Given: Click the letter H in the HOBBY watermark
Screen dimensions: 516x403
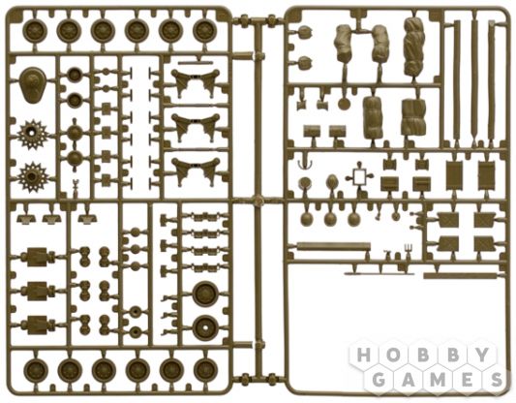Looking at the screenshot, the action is click(363, 355).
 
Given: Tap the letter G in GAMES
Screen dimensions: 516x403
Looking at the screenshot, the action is click(379, 380).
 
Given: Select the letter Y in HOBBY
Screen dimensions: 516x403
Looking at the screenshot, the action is click(482, 355).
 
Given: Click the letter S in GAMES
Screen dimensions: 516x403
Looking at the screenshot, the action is click(497, 380).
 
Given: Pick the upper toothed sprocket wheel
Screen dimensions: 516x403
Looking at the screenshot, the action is click(32, 134).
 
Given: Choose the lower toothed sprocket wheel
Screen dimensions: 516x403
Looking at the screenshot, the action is click(32, 177).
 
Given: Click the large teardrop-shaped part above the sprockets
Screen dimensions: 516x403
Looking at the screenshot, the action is click(32, 85).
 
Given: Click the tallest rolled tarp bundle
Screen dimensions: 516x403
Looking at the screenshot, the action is click(413, 46).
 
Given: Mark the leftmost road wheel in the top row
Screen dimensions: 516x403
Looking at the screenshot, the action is click(35, 30).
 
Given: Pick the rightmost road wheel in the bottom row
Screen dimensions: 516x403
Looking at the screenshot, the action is click(205, 369).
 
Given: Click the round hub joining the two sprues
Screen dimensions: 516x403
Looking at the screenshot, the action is click(258, 200).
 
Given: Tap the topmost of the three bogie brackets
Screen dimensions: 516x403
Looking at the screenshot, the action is click(197, 82).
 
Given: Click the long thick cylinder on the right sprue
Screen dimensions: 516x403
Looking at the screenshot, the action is click(333, 246).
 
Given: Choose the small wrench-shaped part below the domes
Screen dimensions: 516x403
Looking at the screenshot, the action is click(76, 186).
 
